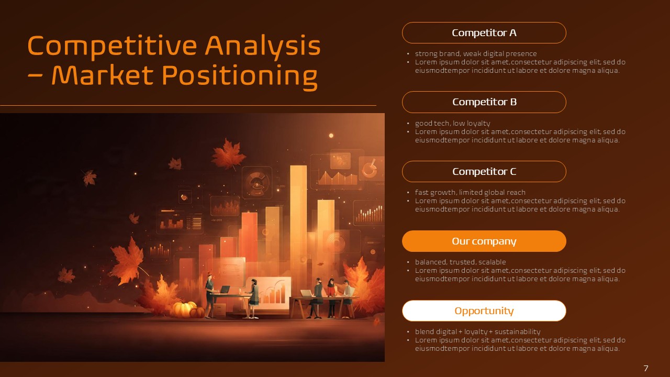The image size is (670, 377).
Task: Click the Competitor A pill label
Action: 484,33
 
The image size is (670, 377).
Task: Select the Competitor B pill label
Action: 484,102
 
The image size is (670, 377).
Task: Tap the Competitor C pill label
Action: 484,172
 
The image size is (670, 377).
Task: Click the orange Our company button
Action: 484,241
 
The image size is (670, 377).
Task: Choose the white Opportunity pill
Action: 484,311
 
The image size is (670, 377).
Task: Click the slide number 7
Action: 646,369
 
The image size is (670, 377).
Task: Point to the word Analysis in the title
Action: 262,46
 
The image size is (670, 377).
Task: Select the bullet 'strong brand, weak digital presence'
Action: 475,53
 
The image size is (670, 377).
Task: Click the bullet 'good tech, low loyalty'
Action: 452,124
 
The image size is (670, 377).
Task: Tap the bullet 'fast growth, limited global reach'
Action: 470,193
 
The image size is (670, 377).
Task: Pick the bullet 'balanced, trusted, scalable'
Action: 453,262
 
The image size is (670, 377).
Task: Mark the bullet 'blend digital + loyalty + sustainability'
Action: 477,332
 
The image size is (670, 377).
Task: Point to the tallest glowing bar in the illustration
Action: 298,209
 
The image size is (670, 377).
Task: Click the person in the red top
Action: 331,297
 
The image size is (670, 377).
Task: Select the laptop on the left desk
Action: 225,290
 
